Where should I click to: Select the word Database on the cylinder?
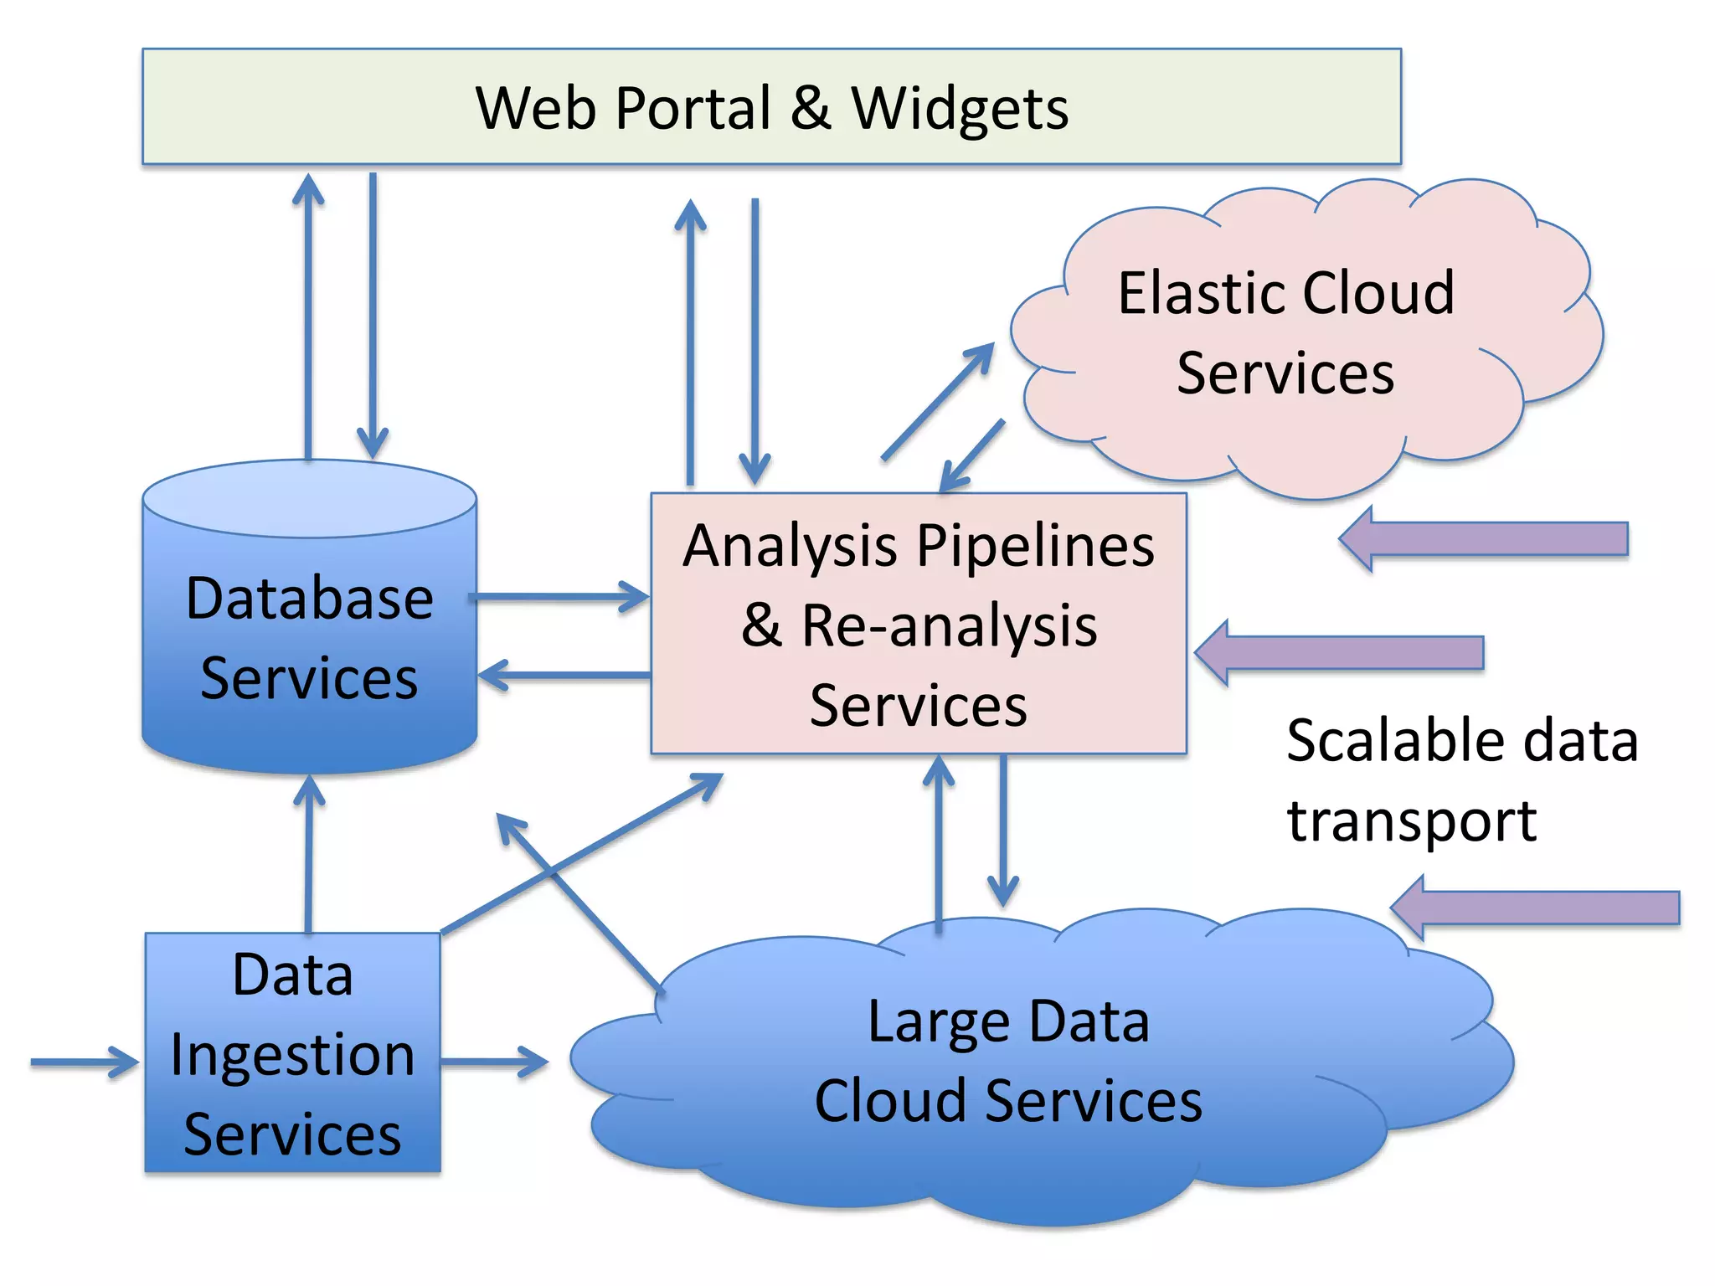[x=309, y=599]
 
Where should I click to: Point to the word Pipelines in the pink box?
[x=1036, y=546]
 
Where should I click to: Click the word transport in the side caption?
[x=1411, y=820]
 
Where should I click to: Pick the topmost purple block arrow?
[x=1484, y=539]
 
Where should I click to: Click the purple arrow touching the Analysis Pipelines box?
[x=1340, y=653]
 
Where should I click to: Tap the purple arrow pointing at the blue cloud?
[x=1536, y=908]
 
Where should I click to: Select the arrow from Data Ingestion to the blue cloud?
[x=494, y=1062]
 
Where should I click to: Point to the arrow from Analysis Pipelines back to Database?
[x=564, y=675]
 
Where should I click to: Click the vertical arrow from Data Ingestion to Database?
[x=309, y=854]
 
